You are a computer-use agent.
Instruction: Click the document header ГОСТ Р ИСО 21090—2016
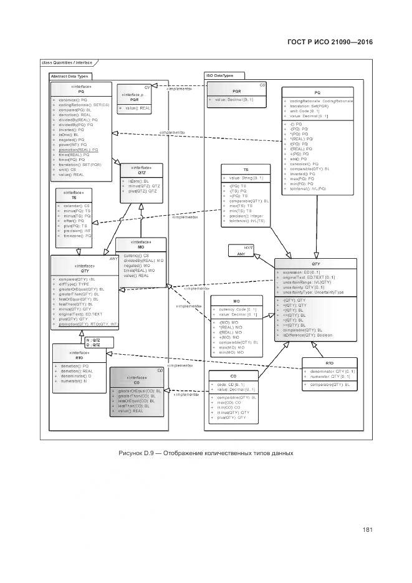point(330,42)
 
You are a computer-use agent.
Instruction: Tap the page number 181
point(367,530)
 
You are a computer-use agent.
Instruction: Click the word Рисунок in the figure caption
point(131,452)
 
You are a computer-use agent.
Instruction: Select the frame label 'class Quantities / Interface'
point(67,63)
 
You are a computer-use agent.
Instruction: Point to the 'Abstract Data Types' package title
point(69,75)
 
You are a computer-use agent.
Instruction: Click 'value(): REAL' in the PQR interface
point(137,108)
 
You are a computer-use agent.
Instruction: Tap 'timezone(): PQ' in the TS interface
point(78,236)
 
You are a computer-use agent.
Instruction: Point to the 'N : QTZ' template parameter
point(93,339)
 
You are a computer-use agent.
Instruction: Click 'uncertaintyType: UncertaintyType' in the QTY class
point(315,292)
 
